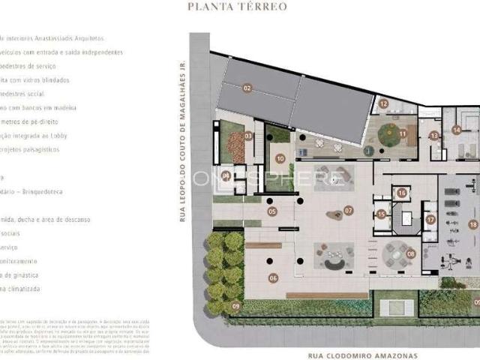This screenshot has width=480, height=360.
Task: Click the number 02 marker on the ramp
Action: coord(247,88)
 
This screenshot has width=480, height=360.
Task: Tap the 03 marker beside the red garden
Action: coord(248,136)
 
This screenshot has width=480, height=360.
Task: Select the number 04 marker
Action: coord(225,176)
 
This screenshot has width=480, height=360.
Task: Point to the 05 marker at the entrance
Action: coord(271,211)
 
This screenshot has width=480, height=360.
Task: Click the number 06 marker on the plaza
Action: coord(273,278)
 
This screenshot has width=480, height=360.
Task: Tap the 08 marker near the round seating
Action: coord(410,253)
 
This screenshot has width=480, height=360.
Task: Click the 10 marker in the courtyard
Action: coord(280,158)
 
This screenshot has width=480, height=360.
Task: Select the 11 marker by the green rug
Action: coord(403,134)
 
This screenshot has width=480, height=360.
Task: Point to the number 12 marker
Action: coord(383,104)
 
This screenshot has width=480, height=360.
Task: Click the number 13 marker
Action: coord(433,136)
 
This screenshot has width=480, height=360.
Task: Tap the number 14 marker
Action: coord(456,130)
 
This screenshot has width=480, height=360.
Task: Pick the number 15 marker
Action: coord(381,214)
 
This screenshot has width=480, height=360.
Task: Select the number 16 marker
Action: coord(402,193)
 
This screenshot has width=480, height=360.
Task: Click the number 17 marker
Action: coord(430,219)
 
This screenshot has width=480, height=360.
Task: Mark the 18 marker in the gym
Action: coord(472,224)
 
